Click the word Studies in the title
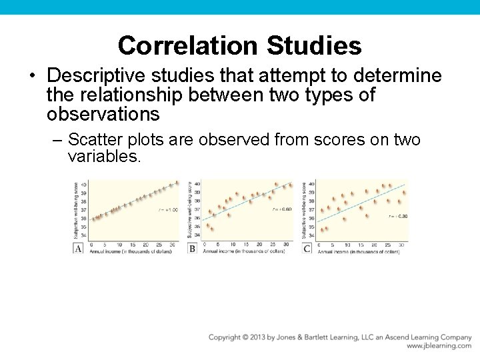pos(314,46)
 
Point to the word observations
pos(103,115)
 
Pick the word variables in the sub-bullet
pos(104,157)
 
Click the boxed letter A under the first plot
pos(79,249)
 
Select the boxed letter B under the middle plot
pos(193,249)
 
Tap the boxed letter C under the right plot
pos(307,249)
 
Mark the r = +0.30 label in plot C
pos(398,216)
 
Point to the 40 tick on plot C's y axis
pos(312,185)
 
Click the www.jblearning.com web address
pos(439,347)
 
